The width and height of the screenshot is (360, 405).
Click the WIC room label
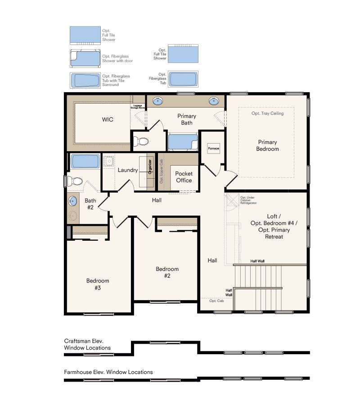(107, 120)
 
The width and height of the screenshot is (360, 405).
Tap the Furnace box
(213, 148)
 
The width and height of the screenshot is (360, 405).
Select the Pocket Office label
(184, 177)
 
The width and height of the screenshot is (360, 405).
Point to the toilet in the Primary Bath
(143, 142)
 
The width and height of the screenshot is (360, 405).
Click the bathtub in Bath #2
(85, 161)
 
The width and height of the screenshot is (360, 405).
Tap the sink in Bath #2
(73, 201)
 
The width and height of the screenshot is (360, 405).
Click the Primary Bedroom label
(268, 145)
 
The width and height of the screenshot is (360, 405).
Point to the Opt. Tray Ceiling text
(268, 113)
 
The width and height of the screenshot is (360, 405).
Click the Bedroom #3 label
(98, 284)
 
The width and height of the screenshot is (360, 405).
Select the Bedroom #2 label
(167, 272)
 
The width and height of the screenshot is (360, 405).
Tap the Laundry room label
(128, 170)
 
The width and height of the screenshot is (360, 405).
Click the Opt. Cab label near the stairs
(216, 301)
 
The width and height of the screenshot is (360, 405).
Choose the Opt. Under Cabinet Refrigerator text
(248, 200)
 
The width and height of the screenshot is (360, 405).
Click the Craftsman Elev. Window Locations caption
(87, 344)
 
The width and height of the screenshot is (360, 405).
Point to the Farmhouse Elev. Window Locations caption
(108, 372)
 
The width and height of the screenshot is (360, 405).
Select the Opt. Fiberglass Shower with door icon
(85, 58)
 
